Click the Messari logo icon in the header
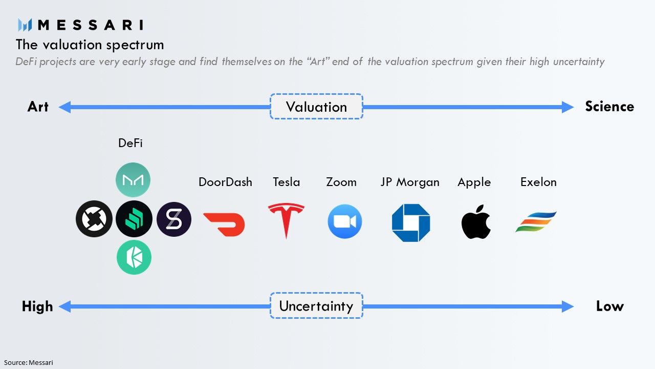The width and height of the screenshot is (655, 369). point(25,25)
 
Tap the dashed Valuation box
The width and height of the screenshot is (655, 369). point(316,107)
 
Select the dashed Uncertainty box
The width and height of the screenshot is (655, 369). point(316,306)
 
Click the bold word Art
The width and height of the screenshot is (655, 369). point(38,107)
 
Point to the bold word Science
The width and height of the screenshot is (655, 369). point(609,107)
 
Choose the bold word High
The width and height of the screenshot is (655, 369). point(37,306)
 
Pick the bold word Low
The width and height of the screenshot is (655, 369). point(609,306)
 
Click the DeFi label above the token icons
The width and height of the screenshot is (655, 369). point(130,143)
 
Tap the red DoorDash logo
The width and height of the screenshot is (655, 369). point(224,224)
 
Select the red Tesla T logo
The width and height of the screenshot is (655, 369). point(286,220)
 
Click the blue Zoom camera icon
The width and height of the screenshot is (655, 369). point(344,221)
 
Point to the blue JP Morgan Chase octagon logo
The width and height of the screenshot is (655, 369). point(411,222)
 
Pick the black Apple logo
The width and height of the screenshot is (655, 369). point(476,222)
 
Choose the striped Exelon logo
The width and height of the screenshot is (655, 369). point(536,222)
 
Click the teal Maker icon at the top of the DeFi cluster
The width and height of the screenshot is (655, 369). point(133,180)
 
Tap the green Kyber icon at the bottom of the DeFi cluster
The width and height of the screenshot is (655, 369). point(134,257)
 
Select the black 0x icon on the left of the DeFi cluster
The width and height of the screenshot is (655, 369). point(94,219)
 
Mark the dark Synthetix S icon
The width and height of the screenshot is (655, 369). point(174,219)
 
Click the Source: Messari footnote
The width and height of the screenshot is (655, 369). point(28,362)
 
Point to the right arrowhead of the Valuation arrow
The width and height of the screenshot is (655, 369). point(567,107)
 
